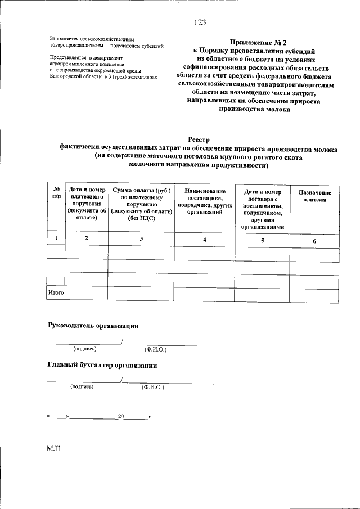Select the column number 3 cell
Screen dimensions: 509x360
(142, 240)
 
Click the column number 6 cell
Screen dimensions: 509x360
(314, 241)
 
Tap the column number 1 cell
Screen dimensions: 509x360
(56, 239)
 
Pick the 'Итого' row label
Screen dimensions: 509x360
(55, 292)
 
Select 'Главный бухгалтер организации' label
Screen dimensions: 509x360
(102, 366)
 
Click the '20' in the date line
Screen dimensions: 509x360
(120, 417)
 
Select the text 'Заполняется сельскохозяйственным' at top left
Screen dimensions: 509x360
(92, 39)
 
